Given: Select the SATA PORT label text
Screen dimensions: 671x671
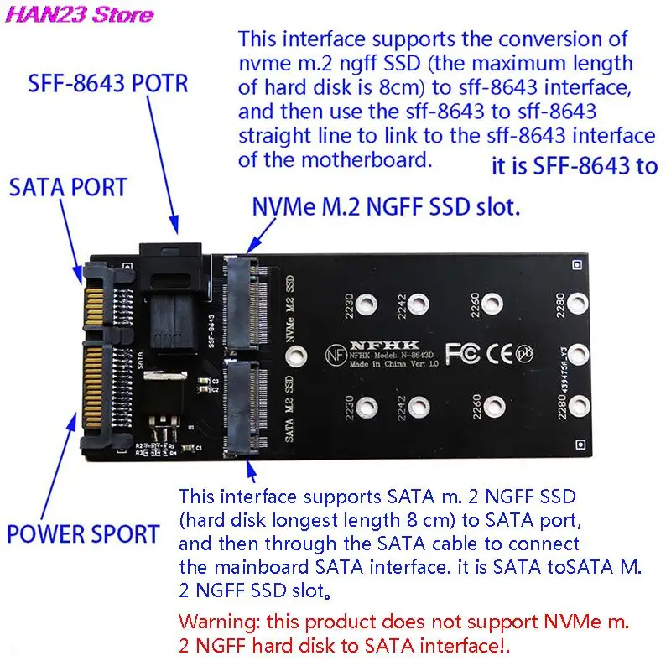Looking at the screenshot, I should (66, 187).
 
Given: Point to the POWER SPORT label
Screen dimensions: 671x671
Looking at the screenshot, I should (83, 533).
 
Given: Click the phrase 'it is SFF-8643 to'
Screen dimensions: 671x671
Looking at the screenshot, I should (574, 166).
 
